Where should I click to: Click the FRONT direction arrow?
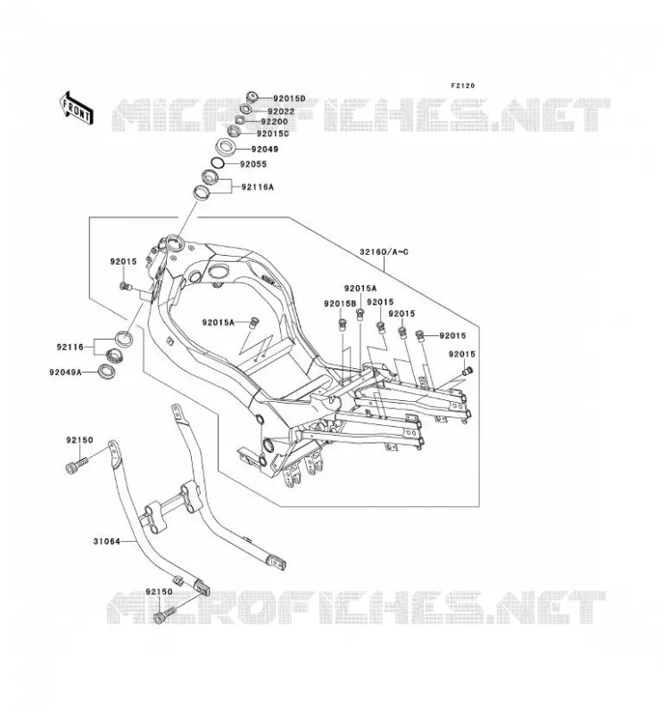[77, 108]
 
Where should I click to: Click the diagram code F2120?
[462, 86]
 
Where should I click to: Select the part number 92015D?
[289, 98]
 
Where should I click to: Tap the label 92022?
[281, 111]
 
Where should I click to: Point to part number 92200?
[275, 122]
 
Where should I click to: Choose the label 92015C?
[273, 134]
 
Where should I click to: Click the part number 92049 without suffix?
[265, 149]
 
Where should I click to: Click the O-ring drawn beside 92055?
[217, 162]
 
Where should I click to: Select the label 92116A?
[258, 187]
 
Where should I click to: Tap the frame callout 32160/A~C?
[384, 251]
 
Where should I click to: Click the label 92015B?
[340, 304]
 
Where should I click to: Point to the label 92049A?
[65, 373]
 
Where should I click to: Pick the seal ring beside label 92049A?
[107, 370]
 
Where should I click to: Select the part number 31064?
[107, 542]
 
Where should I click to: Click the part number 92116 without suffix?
[70, 348]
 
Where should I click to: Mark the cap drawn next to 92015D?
[252, 97]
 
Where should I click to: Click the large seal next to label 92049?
[225, 146]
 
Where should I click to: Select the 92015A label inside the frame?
[219, 323]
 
